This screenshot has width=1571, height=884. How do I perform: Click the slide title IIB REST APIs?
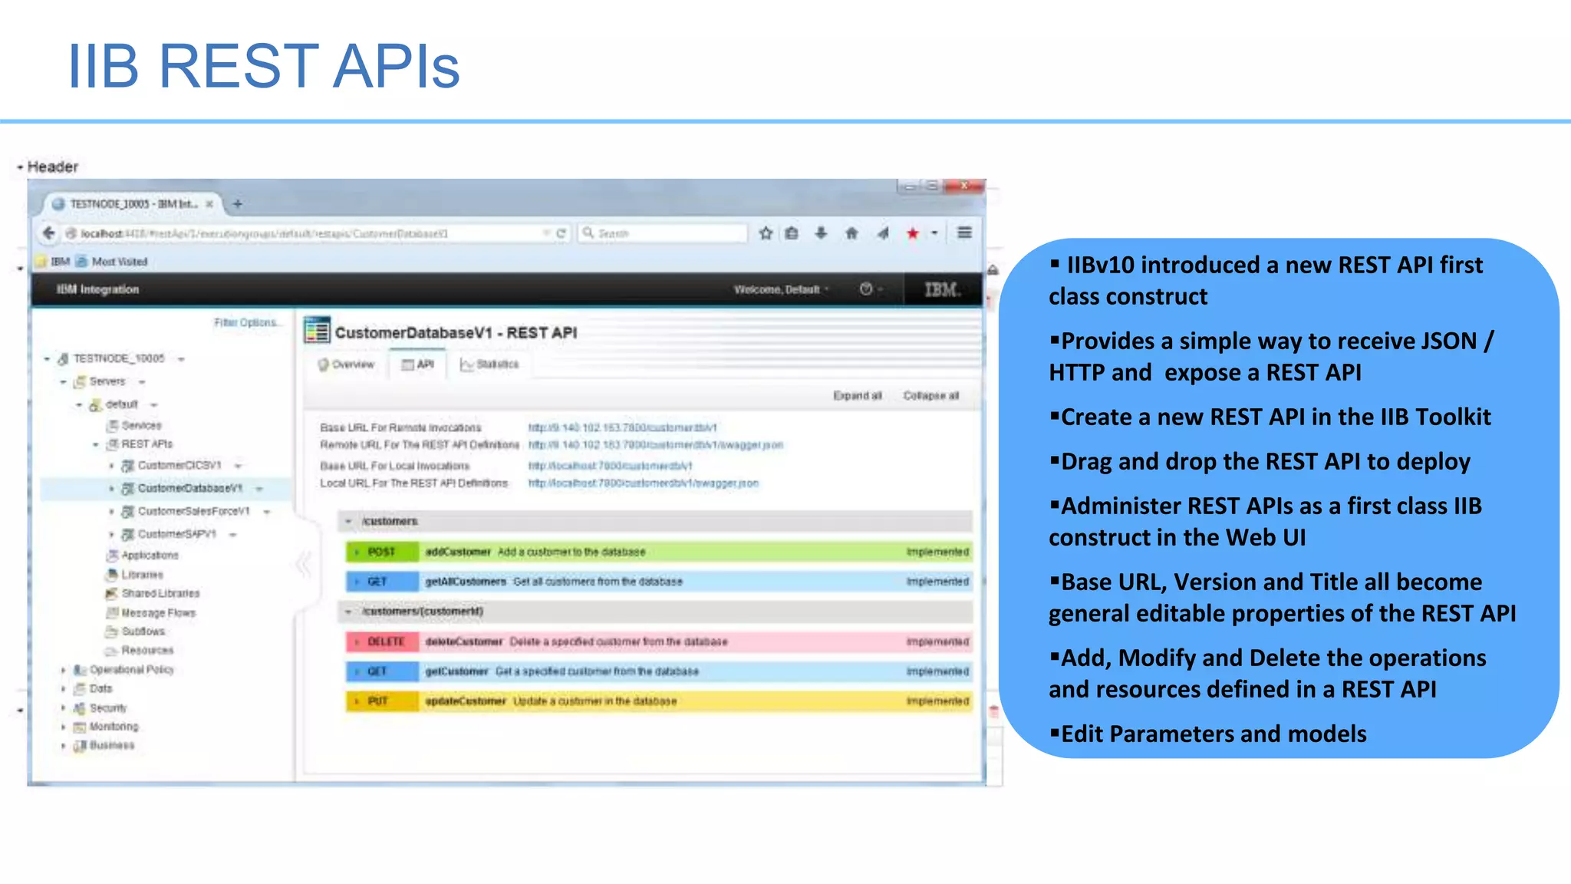(x=263, y=67)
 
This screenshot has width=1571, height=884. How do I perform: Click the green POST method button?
(x=381, y=552)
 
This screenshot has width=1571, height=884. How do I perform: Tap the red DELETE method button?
(x=385, y=642)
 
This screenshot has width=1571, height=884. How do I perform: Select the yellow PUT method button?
(x=377, y=701)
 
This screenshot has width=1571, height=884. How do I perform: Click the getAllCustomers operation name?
(x=466, y=582)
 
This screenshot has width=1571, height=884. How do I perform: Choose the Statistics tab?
(x=490, y=364)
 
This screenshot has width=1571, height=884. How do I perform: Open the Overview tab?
(x=347, y=364)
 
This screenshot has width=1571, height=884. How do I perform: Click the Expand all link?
(x=857, y=396)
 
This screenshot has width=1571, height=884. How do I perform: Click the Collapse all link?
(x=930, y=396)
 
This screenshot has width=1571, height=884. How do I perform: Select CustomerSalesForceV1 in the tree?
(x=193, y=511)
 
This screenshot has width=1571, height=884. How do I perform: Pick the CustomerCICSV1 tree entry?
(x=179, y=465)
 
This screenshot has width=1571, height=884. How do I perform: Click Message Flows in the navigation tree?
(x=158, y=612)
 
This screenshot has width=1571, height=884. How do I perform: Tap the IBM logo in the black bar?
(x=942, y=289)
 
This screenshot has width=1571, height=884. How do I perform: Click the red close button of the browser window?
(x=964, y=186)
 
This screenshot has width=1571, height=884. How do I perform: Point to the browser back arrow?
(x=49, y=233)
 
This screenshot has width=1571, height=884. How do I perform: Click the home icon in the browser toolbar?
(x=851, y=233)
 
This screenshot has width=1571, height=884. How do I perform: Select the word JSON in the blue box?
(x=1443, y=341)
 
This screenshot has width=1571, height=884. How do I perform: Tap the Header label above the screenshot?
(x=52, y=167)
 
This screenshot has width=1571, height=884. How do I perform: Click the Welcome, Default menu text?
(x=776, y=289)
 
